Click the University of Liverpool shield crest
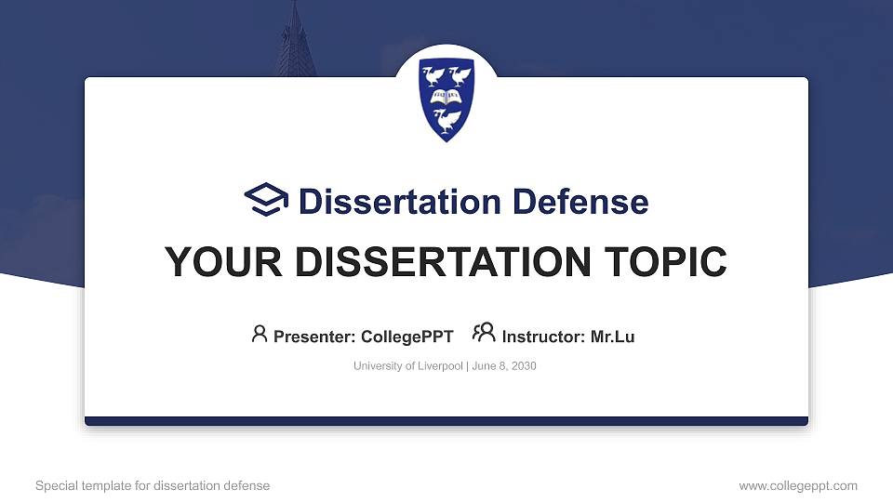pos(446,99)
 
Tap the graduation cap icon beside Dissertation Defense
pos(266,201)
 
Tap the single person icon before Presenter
pos(260,334)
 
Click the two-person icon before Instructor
pos(484,334)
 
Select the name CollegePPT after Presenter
pos(407,337)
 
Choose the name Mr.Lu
pos(612,337)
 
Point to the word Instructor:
pos(544,337)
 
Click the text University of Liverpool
pos(407,366)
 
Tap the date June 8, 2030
pos(503,366)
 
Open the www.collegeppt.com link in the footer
pos(798,485)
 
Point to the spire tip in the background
pos(296,6)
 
